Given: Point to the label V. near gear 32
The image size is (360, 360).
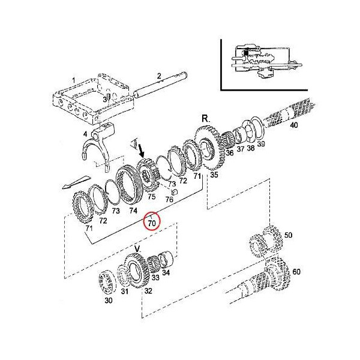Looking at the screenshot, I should (x=137, y=248).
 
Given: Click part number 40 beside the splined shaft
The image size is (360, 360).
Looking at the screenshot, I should (x=293, y=125).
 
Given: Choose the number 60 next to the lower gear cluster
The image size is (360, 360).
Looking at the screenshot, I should (x=296, y=272).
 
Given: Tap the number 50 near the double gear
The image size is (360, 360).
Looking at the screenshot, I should (x=288, y=235).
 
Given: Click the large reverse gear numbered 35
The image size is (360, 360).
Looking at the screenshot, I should (x=208, y=150).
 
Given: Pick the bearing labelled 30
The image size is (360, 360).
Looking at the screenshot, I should (x=107, y=284).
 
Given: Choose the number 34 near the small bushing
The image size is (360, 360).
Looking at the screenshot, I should (x=166, y=274).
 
